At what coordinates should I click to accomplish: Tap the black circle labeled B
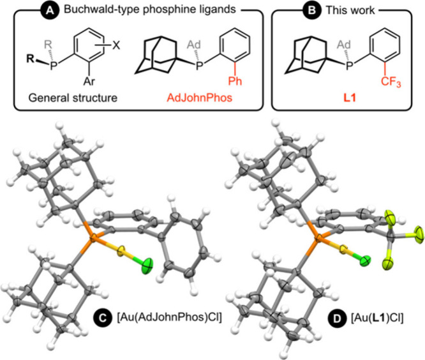coord(294,10)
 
